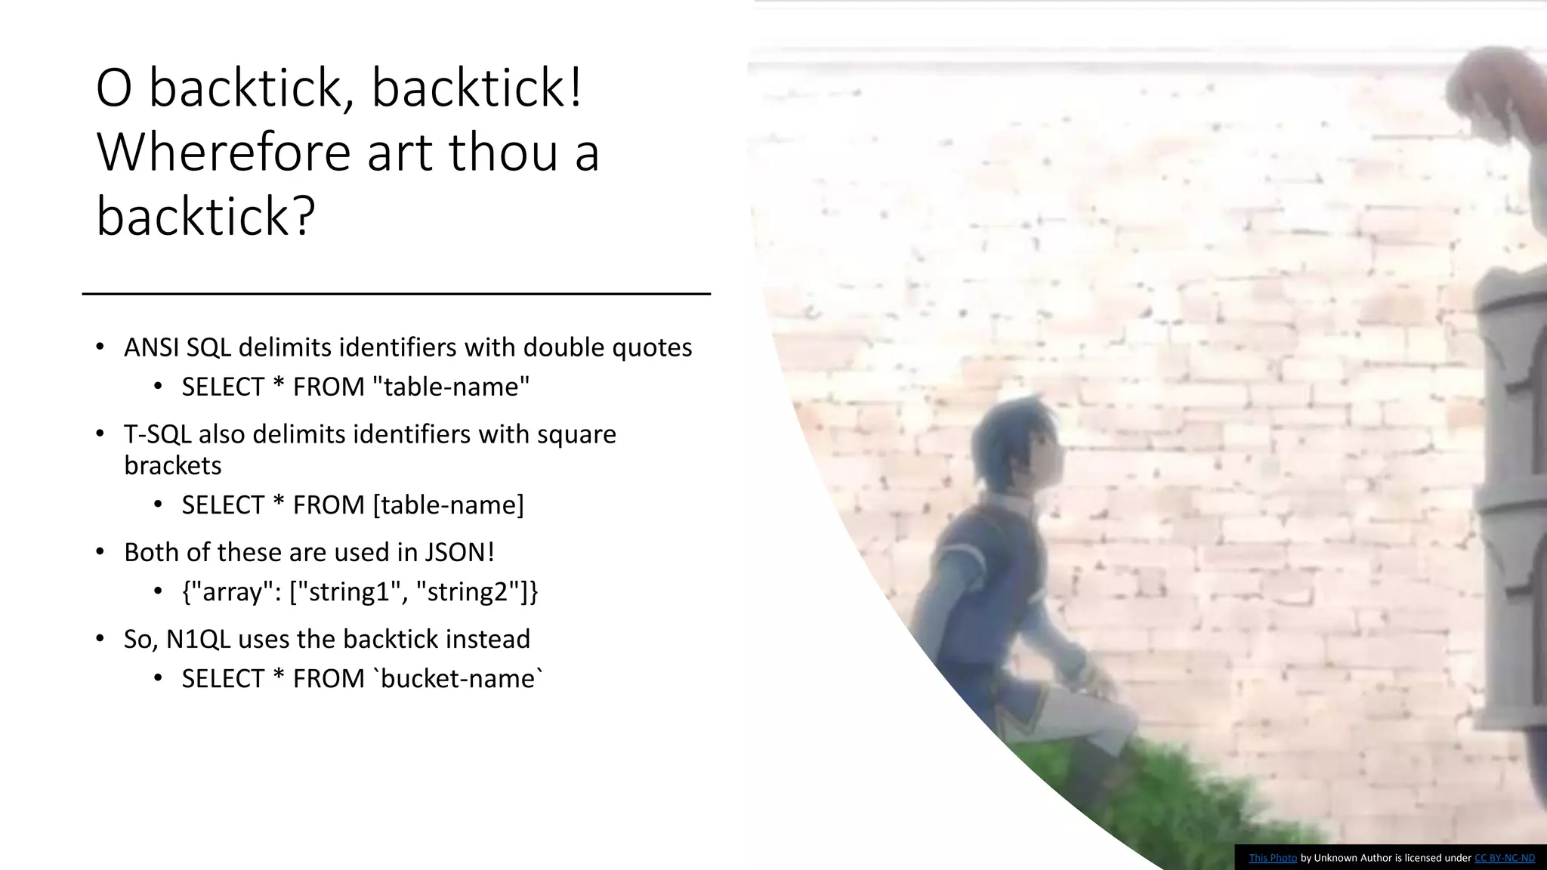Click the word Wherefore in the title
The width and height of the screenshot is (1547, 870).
(x=224, y=152)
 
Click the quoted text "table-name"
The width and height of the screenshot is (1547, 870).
(x=451, y=387)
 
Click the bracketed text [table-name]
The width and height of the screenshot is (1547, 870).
(x=449, y=504)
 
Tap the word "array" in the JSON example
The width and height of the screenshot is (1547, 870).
(x=232, y=591)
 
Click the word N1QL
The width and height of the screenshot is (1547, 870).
(x=198, y=639)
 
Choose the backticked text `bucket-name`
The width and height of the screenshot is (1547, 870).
(x=459, y=678)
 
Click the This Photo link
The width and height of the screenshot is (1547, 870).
(x=1273, y=858)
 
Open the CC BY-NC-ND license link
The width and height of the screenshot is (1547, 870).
(x=1504, y=858)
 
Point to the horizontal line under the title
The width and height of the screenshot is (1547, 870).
(x=396, y=293)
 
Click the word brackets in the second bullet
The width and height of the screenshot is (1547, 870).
(x=172, y=465)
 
